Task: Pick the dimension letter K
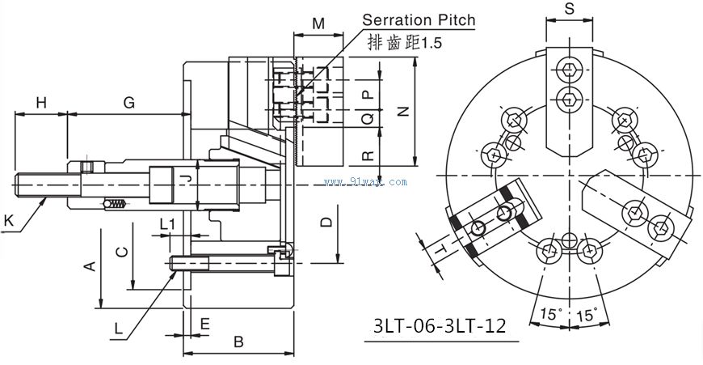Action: (x=8, y=219)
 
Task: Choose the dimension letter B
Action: (x=238, y=342)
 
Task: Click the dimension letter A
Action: (x=91, y=265)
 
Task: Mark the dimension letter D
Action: (x=325, y=221)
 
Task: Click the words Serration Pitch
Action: (x=418, y=19)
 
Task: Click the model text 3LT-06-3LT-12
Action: (x=440, y=326)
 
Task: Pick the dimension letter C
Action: (x=120, y=251)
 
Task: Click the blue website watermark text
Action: (x=365, y=182)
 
